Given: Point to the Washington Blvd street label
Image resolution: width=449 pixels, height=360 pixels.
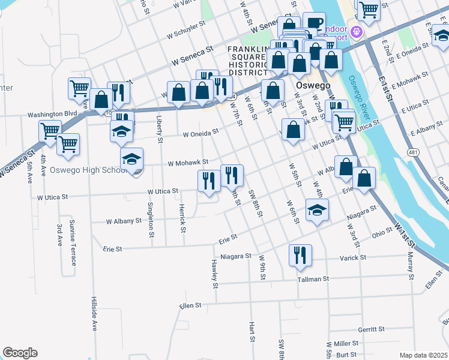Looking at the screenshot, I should pyautogui.click(x=53, y=113).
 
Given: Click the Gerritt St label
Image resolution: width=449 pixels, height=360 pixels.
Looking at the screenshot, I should pyautogui.click(x=370, y=329).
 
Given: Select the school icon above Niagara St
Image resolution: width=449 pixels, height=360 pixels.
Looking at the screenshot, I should pyautogui.click(x=317, y=211).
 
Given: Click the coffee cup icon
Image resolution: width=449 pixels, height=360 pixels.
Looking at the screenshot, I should pyautogui.click(x=313, y=23).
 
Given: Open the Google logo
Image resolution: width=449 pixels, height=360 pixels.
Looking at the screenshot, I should pyautogui.click(x=20, y=353).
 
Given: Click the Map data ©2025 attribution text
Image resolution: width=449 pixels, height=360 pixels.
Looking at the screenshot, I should pyautogui.click(x=423, y=355).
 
